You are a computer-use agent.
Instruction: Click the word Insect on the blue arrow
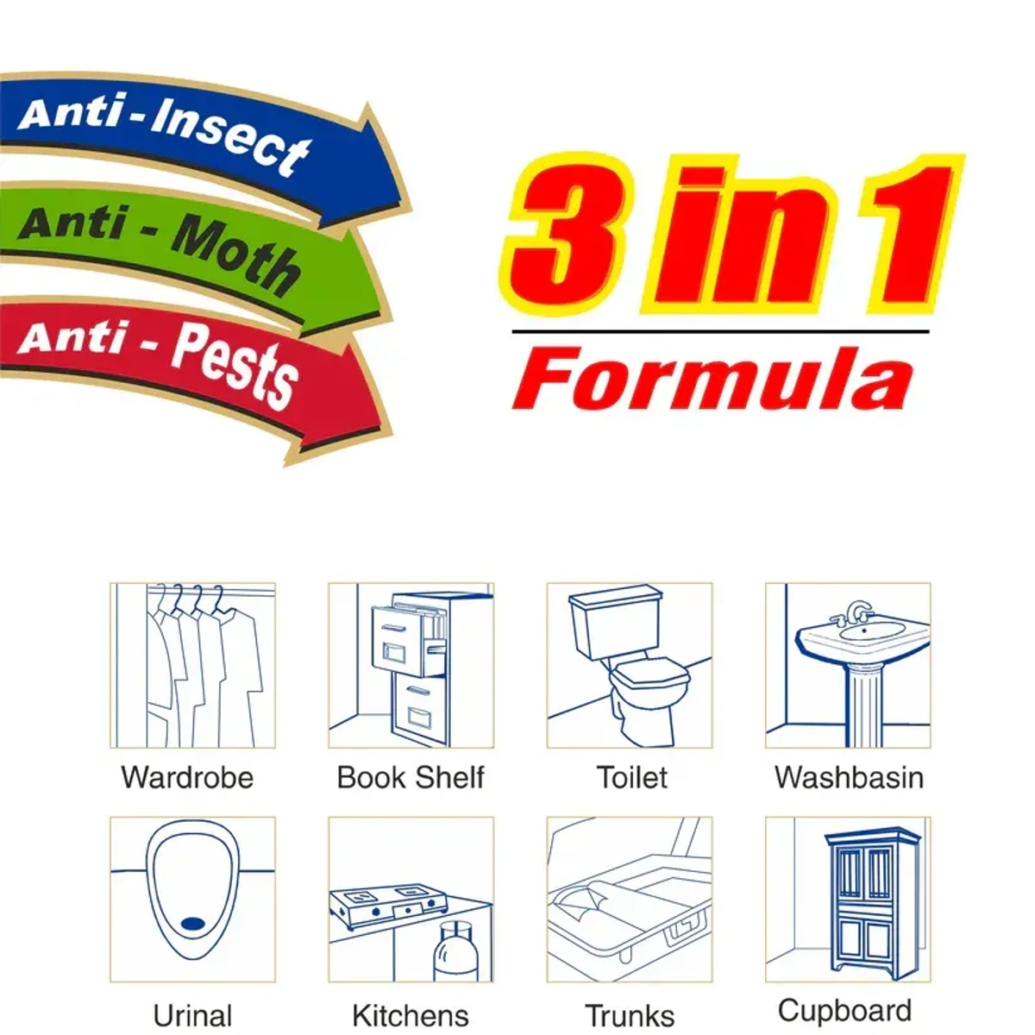click(x=231, y=138)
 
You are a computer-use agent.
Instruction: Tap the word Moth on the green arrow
click(x=235, y=254)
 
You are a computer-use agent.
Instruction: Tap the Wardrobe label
click(x=187, y=777)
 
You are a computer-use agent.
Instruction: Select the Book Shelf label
click(x=411, y=777)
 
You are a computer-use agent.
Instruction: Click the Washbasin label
click(x=849, y=777)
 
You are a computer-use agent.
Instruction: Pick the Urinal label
click(x=192, y=1015)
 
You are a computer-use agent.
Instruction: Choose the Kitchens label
click(x=411, y=1015)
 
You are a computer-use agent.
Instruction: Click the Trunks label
click(x=630, y=1015)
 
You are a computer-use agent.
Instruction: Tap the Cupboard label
click(x=844, y=1010)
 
